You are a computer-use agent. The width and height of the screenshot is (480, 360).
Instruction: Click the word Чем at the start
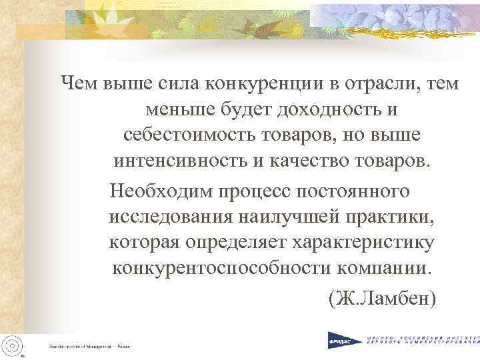click(79, 84)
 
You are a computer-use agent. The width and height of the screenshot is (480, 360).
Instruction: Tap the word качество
click(314, 161)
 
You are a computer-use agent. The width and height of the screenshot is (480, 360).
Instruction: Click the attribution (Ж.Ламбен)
click(382, 299)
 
